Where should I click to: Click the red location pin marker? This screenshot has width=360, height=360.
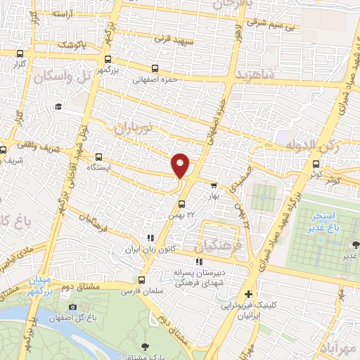pyautogui.click(x=181, y=165)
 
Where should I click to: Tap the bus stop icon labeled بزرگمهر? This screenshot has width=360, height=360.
pyautogui.click(x=108, y=60)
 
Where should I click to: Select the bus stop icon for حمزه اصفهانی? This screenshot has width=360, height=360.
pyautogui.click(x=154, y=69)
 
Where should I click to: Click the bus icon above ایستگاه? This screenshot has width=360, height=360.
pyautogui.click(x=98, y=157)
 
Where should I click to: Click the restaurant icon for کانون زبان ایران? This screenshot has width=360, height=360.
pyautogui.click(x=149, y=238)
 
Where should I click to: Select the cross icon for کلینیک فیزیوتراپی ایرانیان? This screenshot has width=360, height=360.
pyautogui.click(x=247, y=295)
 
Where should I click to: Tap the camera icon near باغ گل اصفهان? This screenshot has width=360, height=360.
pyautogui.click(x=72, y=307)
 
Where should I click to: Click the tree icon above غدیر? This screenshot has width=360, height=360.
pyautogui.click(x=354, y=244)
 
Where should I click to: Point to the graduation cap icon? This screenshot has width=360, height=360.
pyautogui.click(x=58, y=106)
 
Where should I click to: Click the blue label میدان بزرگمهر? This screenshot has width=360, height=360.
pyautogui.click(x=40, y=285)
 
